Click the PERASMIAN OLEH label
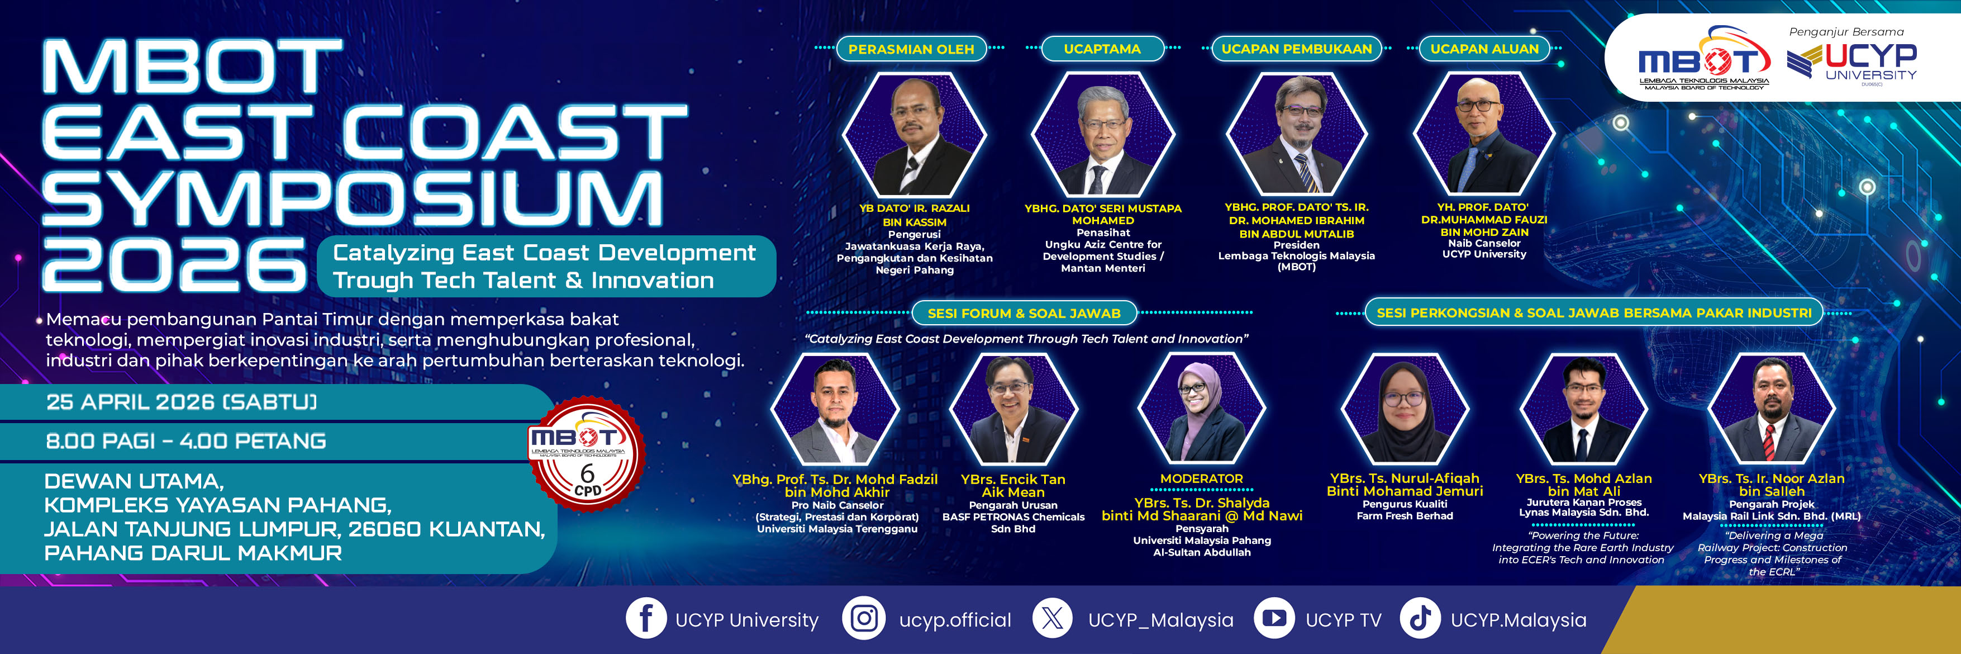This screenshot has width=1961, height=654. (x=911, y=49)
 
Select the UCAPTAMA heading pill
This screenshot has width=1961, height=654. (x=1102, y=49)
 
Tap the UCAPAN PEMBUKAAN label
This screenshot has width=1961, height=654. (x=1296, y=49)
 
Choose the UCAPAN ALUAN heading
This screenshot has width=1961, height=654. (x=1484, y=49)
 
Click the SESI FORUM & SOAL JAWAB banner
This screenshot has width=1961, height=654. (x=1024, y=313)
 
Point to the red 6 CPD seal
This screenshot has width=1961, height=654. (x=587, y=454)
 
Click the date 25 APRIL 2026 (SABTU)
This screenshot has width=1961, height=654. (x=181, y=402)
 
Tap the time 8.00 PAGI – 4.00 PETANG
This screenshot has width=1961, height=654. (x=185, y=441)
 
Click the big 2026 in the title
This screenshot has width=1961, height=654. (x=174, y=264)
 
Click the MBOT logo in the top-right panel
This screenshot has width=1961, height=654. (x=1703, y=59)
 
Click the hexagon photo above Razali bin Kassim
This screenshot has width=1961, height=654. (x=914, y=134)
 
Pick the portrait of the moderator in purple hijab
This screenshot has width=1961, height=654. (x=1201, y=408)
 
